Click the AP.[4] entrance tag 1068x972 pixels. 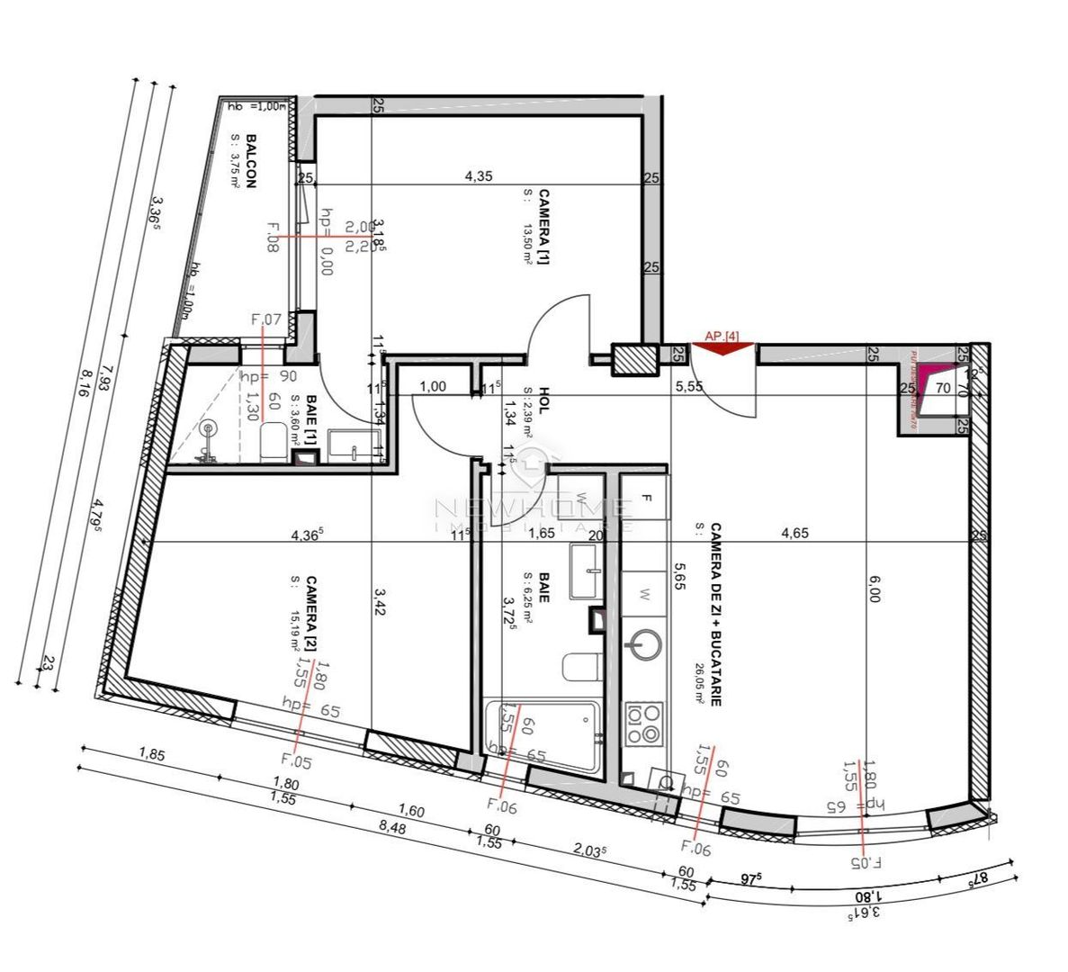tap(722, 336)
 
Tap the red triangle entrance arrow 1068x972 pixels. tap(722, 348)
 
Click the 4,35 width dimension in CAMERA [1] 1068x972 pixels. tap(478, 176)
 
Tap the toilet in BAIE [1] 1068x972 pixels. tap(273, 442)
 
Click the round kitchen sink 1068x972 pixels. tap(644, 644)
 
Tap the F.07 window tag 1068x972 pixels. tap(265, 319)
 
